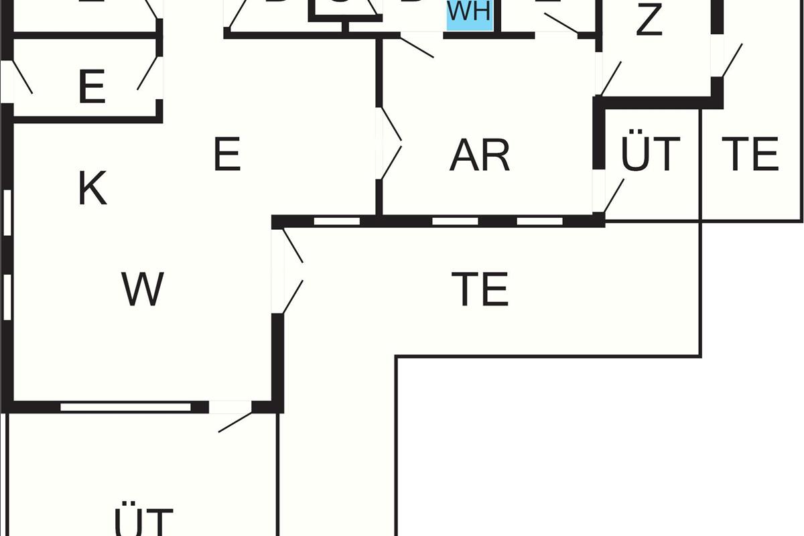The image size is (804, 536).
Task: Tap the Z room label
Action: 649,20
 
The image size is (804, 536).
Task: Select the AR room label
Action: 480,155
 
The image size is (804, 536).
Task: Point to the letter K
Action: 92,189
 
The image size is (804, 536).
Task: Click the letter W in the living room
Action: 143,289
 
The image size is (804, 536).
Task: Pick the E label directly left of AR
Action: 226,155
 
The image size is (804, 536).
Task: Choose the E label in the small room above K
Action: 92,87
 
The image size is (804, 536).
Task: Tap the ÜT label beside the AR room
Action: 650,154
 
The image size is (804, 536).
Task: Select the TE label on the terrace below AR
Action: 480,289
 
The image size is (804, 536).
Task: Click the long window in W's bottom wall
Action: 126,407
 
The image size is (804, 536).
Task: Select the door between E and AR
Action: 389,142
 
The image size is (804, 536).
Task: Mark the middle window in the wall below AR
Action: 455,221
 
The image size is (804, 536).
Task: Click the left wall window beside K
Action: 7,213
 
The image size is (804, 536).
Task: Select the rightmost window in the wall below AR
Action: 539,221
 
